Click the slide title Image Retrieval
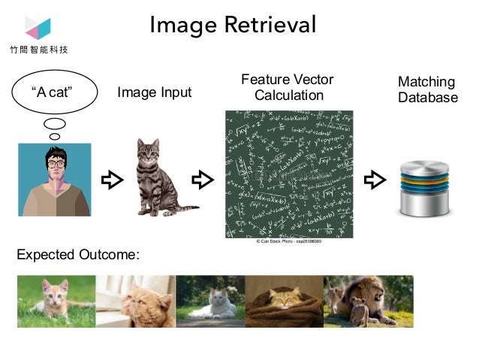point(233,24)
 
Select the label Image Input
point(155,92)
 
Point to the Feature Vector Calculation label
point(288,87)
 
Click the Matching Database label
point(427,89)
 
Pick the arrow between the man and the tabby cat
point(112,180)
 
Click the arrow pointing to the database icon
point(374,180)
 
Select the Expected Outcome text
point(78,255)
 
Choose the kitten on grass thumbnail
point(56,301)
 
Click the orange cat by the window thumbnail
point(135,301)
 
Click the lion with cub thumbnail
point(368,301)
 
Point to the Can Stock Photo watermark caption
point(289,242)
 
